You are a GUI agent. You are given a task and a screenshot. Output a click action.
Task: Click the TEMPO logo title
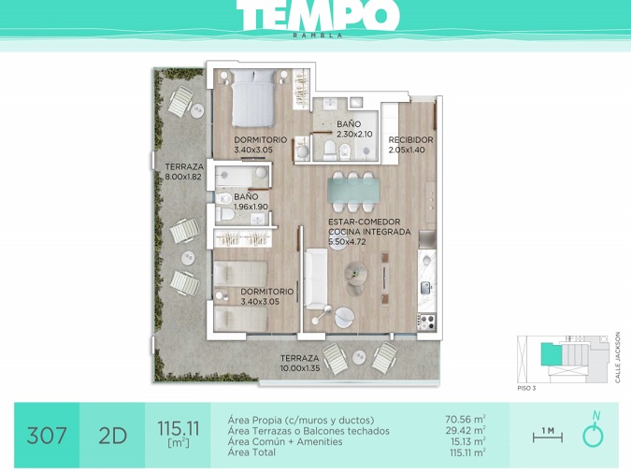[318, 15]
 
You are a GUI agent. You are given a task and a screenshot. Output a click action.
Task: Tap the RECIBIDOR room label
[411, 140]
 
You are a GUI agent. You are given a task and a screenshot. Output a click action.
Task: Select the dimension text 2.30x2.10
[354, 134]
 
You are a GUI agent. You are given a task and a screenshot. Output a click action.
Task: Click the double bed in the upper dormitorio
[253, 97]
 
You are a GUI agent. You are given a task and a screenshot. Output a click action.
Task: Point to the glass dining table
[353, 191]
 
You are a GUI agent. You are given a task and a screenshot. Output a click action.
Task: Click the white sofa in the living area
[316, 279]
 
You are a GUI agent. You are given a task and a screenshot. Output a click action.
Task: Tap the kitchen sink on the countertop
[426, 287]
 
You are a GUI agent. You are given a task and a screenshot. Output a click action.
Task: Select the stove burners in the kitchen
[426, 322]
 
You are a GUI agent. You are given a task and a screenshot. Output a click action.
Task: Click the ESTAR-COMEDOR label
[365, 222]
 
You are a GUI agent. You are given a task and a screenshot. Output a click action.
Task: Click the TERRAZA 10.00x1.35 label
[300, 363]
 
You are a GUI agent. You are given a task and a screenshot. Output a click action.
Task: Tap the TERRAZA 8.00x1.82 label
[183, 171]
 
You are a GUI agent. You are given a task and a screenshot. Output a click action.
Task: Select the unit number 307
[47, 436]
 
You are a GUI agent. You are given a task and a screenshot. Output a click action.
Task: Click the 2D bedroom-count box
[113, 436]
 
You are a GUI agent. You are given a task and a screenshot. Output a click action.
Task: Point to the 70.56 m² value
[465, 420]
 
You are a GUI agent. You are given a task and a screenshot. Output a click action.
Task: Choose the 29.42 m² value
[465, 430]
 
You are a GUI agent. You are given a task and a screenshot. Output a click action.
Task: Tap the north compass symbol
[594, 430]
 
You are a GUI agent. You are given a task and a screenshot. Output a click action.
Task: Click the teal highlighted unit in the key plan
[551, 354]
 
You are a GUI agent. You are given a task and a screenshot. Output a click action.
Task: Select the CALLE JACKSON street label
[618, 357]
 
